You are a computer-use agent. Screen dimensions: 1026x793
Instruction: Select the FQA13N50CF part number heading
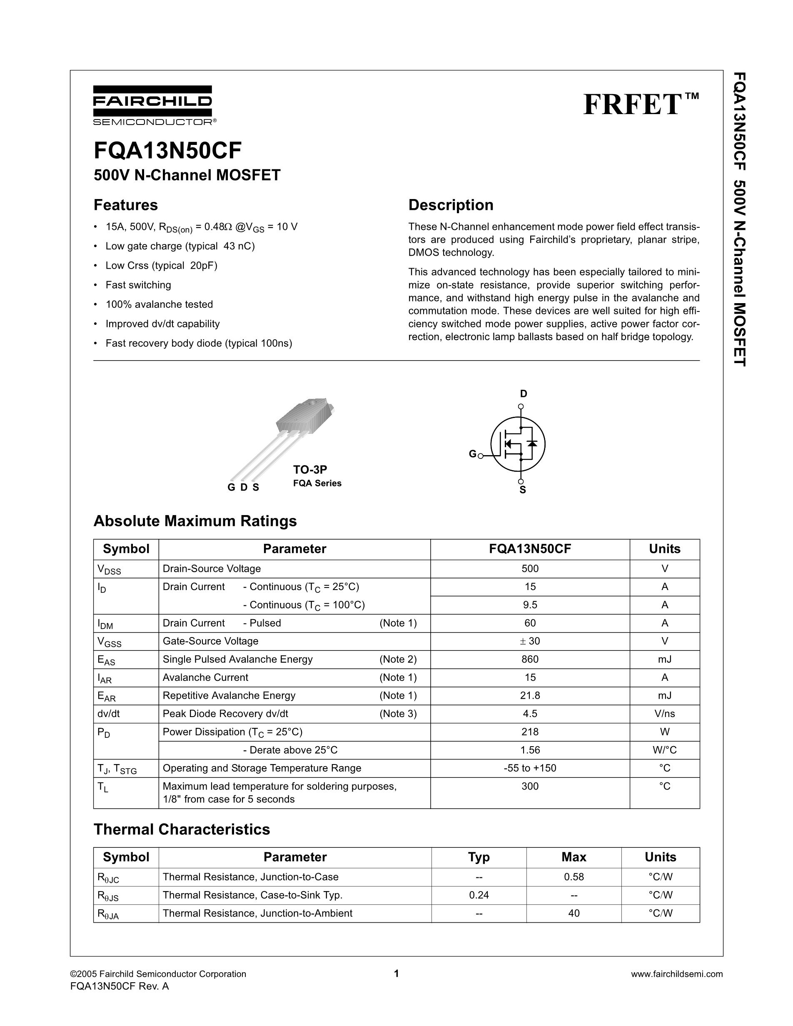point(168,151)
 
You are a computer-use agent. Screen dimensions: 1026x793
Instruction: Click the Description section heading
point(451,205)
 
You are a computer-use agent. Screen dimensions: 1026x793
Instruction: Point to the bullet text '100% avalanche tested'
point(159,304)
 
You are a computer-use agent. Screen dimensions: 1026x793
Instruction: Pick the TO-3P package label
point(310,469)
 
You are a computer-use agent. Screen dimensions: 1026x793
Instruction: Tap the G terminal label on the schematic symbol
point(472,454)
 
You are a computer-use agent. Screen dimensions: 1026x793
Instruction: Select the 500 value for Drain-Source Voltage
point(530,569)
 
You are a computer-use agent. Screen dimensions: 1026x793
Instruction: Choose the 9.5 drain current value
point(530,605)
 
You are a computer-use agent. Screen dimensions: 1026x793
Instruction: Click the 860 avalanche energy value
point(530,660)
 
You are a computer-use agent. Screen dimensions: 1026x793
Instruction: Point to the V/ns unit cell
point(664,714)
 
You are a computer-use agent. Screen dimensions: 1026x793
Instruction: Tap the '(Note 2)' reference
point(398,660)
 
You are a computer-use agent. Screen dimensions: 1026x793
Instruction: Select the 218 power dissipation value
point(530,732)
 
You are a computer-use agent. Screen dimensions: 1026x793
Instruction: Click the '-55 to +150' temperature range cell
point(530,769)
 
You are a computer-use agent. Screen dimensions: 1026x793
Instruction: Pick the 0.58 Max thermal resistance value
point(574,877)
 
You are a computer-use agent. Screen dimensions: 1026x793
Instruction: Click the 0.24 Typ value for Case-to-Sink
point(479,895)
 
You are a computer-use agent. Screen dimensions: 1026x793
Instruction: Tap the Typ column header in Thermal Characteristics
point(479,857)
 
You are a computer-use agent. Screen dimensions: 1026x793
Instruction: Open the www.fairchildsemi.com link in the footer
point(676,974)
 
